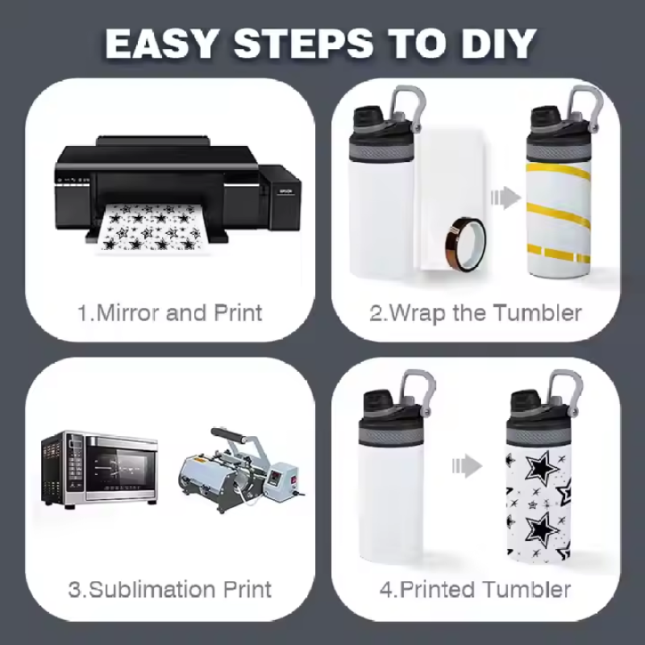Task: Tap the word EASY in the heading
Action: pos(160,44)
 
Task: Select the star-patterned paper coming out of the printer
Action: pos(152,227)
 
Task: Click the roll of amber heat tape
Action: pos(466,244)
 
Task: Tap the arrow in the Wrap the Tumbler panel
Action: pos(506,198)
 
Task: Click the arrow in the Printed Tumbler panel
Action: pos(467,466)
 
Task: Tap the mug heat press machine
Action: pos(240,469)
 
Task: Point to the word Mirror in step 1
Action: pos(128,313)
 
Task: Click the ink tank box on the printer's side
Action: pos(281,197)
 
